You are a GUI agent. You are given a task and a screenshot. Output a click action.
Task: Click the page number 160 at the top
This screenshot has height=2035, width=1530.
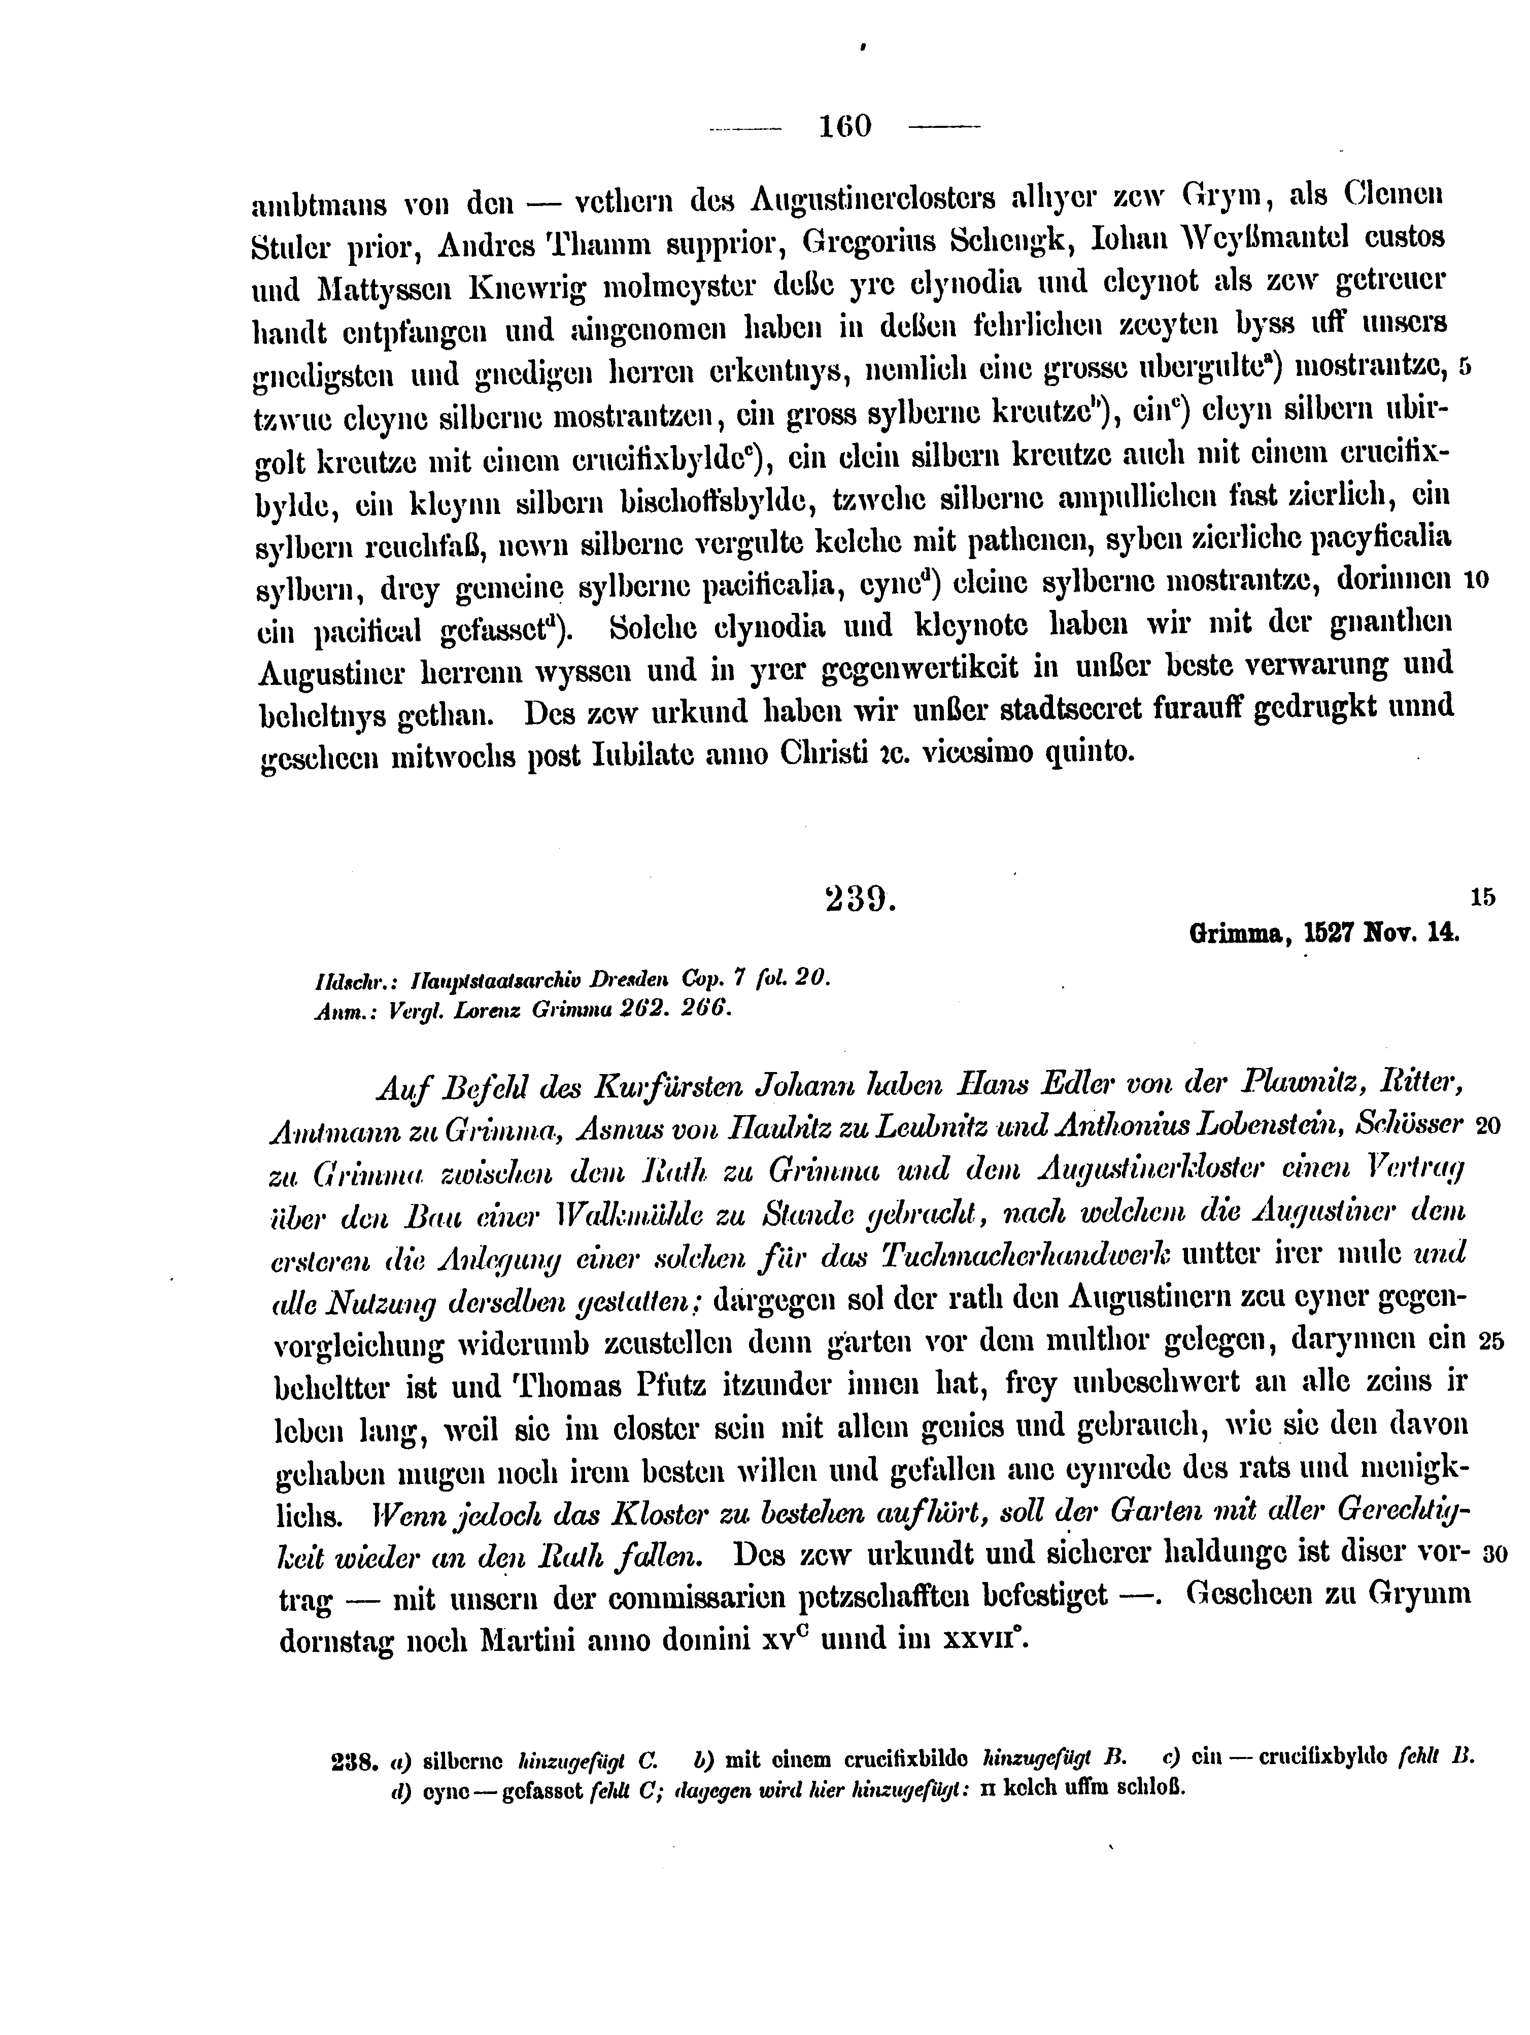(x=844, y=126)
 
